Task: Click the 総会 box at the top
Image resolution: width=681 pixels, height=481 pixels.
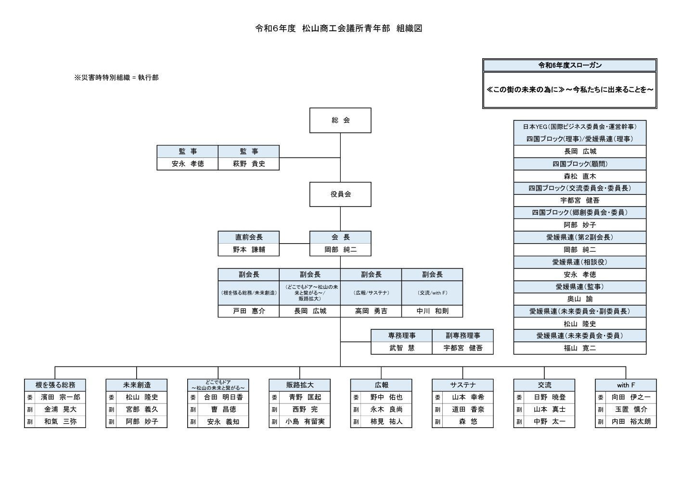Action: click(340, 120)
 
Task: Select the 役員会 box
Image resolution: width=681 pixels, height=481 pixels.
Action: click(340, 195)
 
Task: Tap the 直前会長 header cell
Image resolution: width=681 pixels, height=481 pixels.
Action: click(249, 237)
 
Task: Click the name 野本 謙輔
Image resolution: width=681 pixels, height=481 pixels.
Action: click(249, 250)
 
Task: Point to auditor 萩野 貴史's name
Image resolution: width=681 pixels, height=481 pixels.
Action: click(249, 164)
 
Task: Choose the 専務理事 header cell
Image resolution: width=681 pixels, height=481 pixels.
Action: click(401, 336)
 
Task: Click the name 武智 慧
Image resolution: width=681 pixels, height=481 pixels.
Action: click(401, 348)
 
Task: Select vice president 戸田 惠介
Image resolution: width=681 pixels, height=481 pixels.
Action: click(249, 311)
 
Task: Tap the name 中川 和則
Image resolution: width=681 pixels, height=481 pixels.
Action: click(432, 311)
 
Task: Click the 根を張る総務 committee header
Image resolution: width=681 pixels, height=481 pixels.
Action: click(55, 385)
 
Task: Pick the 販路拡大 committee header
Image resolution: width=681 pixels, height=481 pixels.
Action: click(299, 385)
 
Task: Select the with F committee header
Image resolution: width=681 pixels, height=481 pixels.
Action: click(626, 385)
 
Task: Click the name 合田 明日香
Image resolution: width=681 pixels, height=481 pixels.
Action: click(223, 398)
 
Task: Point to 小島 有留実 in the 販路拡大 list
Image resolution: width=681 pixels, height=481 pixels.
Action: click(305, 422)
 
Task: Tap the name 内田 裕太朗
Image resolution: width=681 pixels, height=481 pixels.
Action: click(631, 422)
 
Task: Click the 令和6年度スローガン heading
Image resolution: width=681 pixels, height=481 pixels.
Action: click(570, 65)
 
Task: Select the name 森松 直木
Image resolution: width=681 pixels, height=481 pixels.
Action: click(579, 176)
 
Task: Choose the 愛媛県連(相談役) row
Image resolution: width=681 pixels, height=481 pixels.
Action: click(579, 262)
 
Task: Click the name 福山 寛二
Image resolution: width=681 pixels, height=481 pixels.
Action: click(579, 348)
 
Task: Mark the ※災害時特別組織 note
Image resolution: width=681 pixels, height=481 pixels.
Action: click(116, 78)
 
